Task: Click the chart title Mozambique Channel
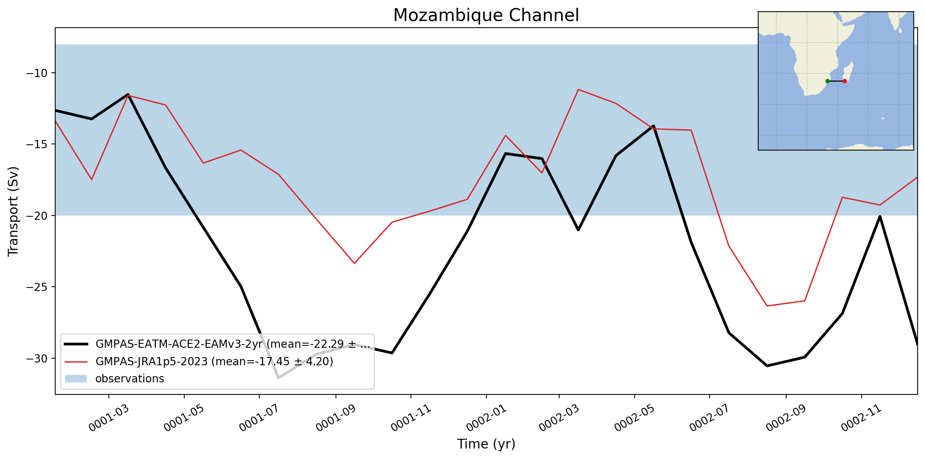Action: [x=486, y=16]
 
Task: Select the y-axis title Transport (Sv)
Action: [x=13, y=211]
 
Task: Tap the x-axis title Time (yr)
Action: [x=486, y=444]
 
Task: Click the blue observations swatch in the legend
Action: [x=75, y=378]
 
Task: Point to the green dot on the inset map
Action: [x=827, y=81]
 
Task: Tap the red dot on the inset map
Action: [x=845, y=81]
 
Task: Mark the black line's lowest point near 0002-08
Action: [x=766, y=366]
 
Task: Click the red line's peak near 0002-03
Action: [x=578, y=89]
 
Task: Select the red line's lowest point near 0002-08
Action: [x=766, y=306]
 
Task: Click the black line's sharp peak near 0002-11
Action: [x=880, y=216]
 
